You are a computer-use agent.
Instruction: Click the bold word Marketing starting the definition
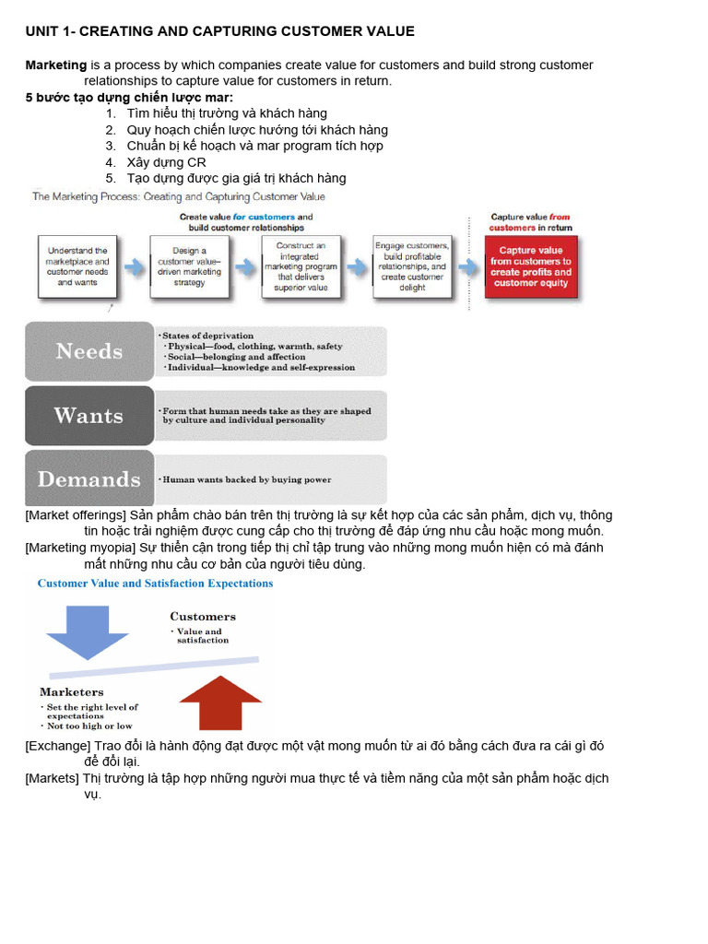(x=55, y=65)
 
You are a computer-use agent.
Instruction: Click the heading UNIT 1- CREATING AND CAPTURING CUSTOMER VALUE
(x=219, y=31)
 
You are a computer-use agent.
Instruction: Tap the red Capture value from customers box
(x=530, y=266)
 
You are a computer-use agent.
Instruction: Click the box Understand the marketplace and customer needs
(x=77, y=266)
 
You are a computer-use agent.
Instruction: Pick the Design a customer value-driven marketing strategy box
(x=190, y=266)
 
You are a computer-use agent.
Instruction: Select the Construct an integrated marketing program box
(x=301, y=266)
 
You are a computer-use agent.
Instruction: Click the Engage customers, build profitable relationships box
(x=412, y=266)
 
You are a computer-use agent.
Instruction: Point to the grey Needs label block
(x=89, y=351)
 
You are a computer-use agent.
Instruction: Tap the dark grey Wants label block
(x=89, y=416)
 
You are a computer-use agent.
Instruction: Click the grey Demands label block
(x=89, y=479)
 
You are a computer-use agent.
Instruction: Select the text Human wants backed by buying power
(x=246, y=480)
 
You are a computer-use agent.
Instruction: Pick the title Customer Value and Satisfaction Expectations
(x=155, y=584)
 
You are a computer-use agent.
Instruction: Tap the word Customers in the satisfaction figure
(x=202, y=617)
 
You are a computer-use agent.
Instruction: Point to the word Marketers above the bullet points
(x=72, y=692)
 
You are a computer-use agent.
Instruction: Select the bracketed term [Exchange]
(x=57, y=745)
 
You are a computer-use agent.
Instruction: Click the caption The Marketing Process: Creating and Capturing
(x=178, y=196)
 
